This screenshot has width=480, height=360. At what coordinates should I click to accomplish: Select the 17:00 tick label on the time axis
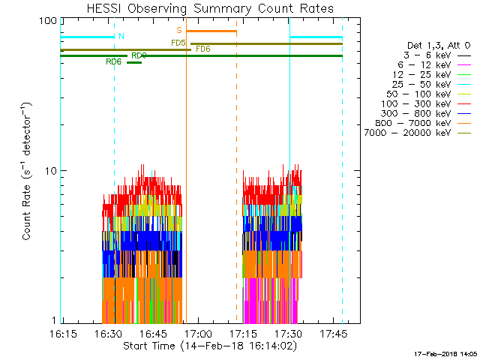pos(198,333)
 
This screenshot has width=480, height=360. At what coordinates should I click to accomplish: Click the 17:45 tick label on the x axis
pos(333,333)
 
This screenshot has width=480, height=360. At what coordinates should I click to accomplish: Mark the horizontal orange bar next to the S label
pos(211,31)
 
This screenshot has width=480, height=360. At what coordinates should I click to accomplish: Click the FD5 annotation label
pos(178,43)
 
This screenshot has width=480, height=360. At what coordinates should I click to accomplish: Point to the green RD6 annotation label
pos(114,61)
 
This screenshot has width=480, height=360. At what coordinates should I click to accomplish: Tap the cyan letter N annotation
pos(121,36)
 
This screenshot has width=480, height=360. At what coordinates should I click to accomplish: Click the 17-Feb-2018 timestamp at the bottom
pos(445,353)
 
